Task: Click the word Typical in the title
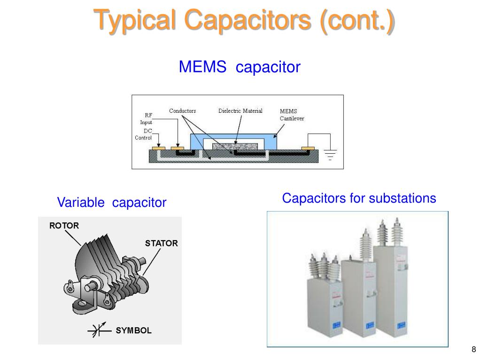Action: (135, 21)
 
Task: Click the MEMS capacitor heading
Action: (239, 67)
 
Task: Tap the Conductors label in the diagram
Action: (182, 111)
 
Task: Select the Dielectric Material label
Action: (240, 111)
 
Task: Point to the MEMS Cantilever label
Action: (292, 115)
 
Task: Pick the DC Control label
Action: (144, 134)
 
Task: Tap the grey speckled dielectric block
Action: (230, 147)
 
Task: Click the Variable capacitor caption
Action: (112, 203)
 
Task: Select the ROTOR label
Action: (64, 226)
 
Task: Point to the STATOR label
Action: (161, 243)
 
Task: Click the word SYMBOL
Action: (134, 330)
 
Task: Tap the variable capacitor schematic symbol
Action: (99, 330)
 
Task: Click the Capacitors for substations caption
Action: (359, 198)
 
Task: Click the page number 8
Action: (473, 349)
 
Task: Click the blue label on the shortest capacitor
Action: (336, 324)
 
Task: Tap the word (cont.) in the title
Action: (357, 21)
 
